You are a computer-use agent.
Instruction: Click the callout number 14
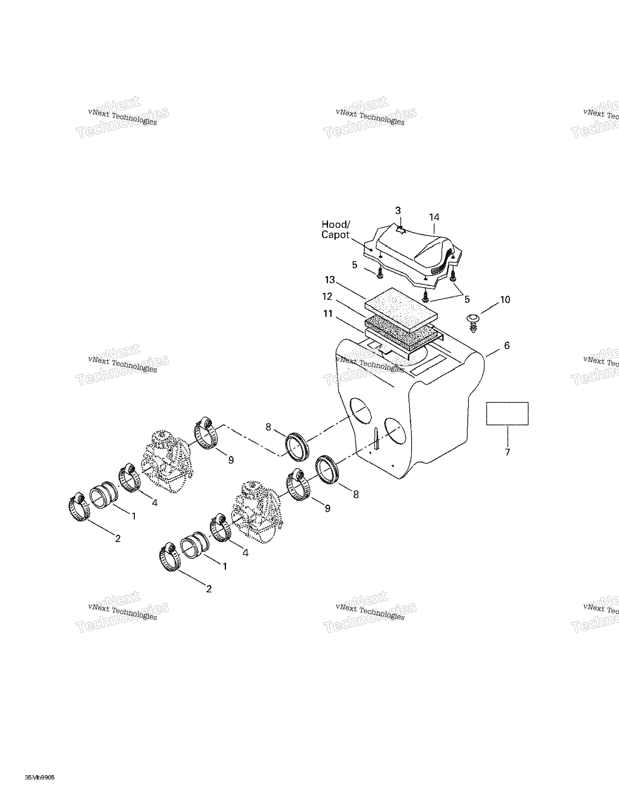tap(434, 218)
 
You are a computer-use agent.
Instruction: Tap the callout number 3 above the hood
tap(398, 211)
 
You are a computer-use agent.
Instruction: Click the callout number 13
tap(330, 280)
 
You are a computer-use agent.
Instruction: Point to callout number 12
tap(327, 297)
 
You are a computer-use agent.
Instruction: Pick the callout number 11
tap(328, 314)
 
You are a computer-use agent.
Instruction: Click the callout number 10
tap(505, 300)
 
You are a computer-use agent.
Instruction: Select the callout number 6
tap(507, 346)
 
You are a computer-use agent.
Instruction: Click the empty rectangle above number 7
tap(507, 413)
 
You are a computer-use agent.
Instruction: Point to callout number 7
tap(507, 452)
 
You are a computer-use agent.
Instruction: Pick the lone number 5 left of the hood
tap(354, 265)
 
